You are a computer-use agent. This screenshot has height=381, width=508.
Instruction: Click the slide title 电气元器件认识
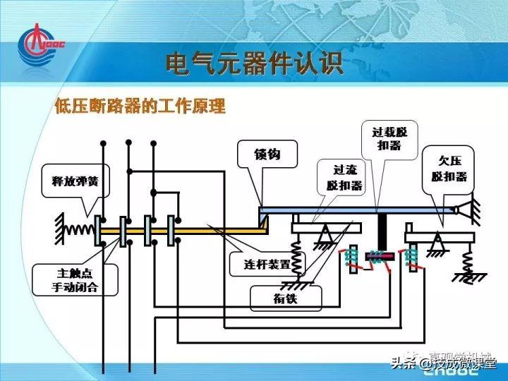(254, 64)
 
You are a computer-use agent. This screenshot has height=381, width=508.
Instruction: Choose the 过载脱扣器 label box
(385, 138)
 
